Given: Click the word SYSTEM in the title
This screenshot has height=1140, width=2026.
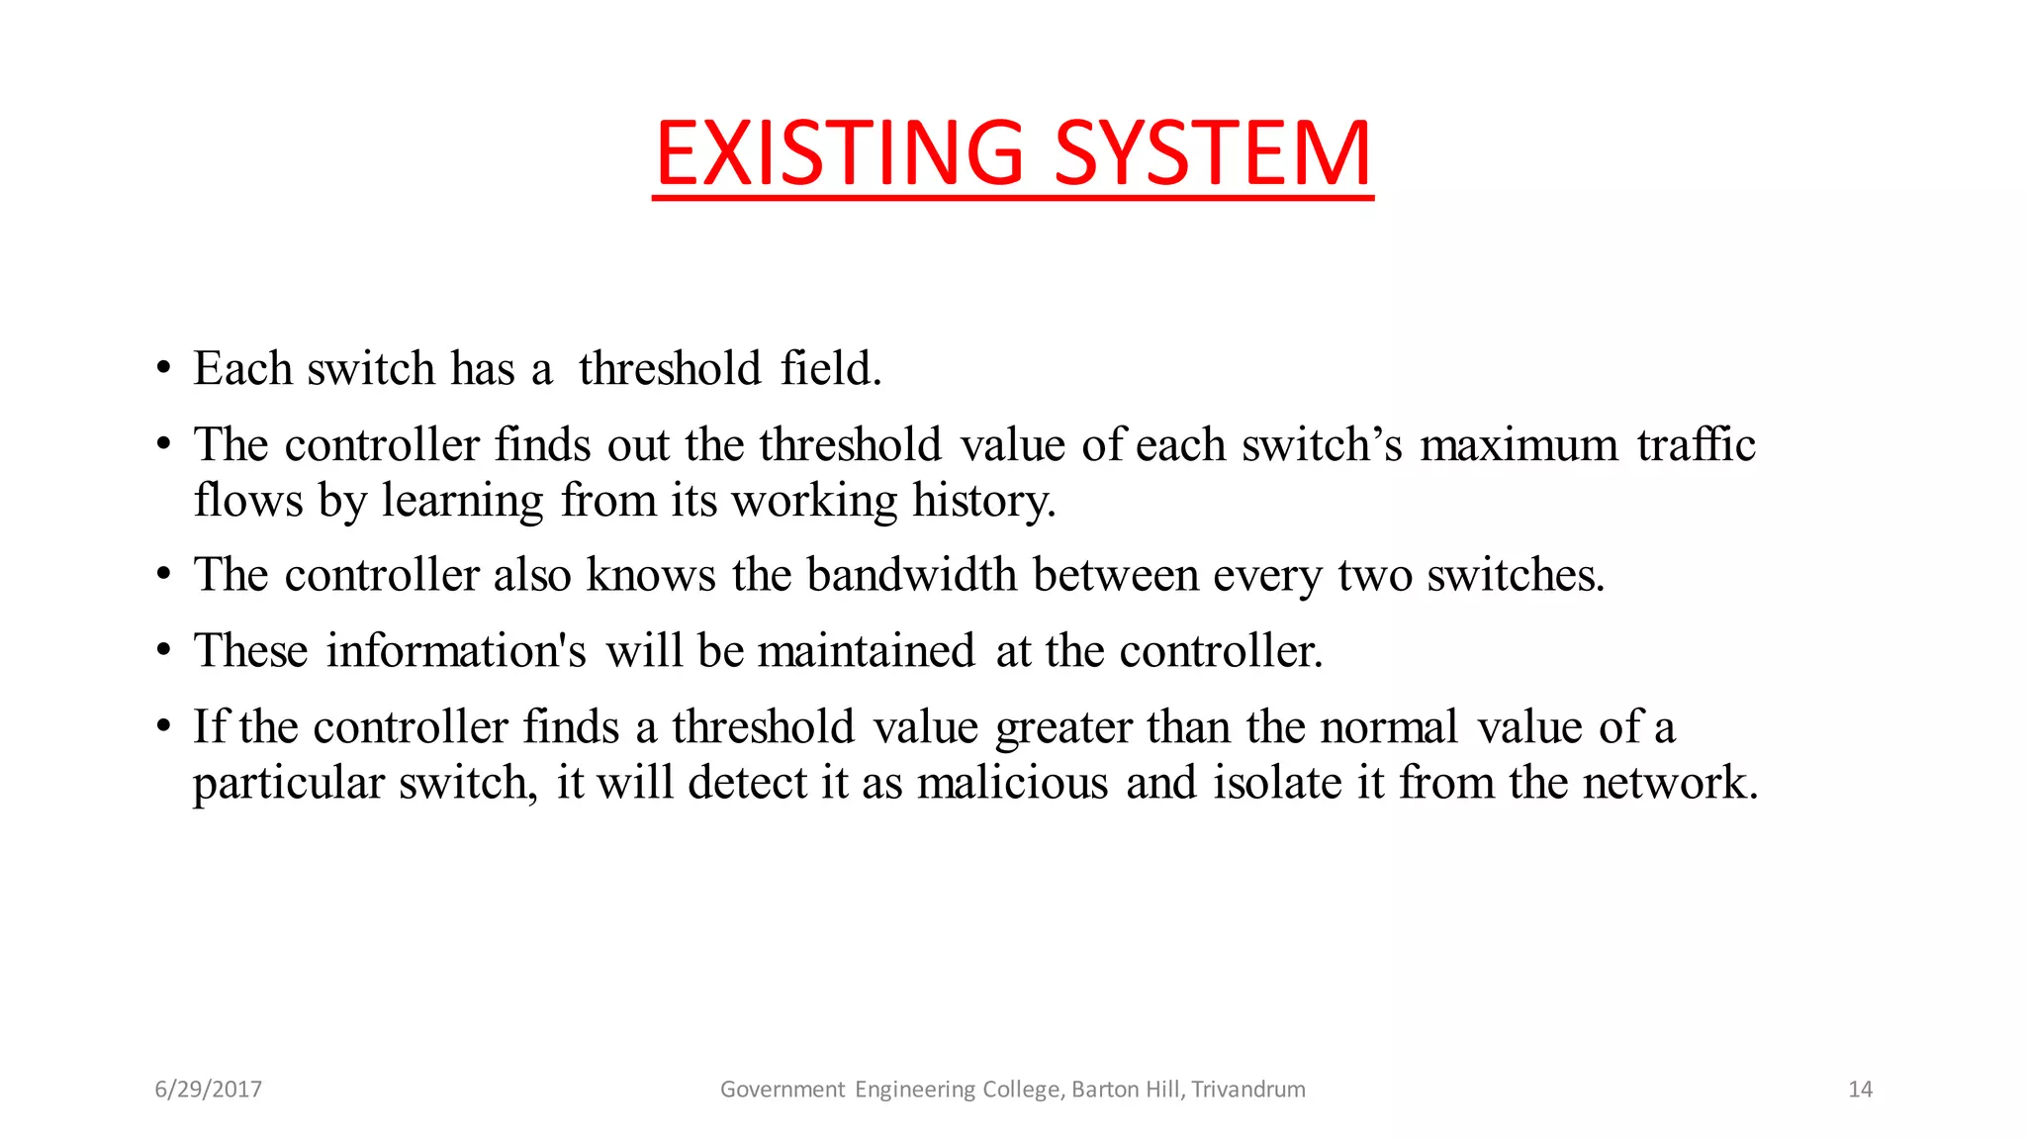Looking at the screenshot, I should point(1213,153).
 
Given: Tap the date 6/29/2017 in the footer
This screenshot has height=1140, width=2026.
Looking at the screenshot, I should point(208,1090).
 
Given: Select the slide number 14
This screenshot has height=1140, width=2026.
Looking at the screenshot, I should point(1860,1090).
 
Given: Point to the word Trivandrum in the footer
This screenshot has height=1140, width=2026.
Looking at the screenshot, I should point(1248,1090).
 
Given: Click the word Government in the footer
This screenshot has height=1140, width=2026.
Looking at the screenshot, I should point(783,1090).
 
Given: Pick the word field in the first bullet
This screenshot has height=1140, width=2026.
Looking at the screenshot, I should point(830,368).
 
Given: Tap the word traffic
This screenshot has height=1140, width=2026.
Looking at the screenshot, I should point(1696,444).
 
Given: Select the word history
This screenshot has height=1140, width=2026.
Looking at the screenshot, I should point(983,500).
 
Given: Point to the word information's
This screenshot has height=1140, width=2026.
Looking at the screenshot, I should point(456,651).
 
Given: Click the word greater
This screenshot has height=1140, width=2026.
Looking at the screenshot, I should point(1063,728).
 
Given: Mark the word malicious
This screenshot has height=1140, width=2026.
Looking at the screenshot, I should point(1012,784).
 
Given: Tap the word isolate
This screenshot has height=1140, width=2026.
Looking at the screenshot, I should point(1277,784).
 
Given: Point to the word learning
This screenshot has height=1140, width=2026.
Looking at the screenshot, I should point(462,502).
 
